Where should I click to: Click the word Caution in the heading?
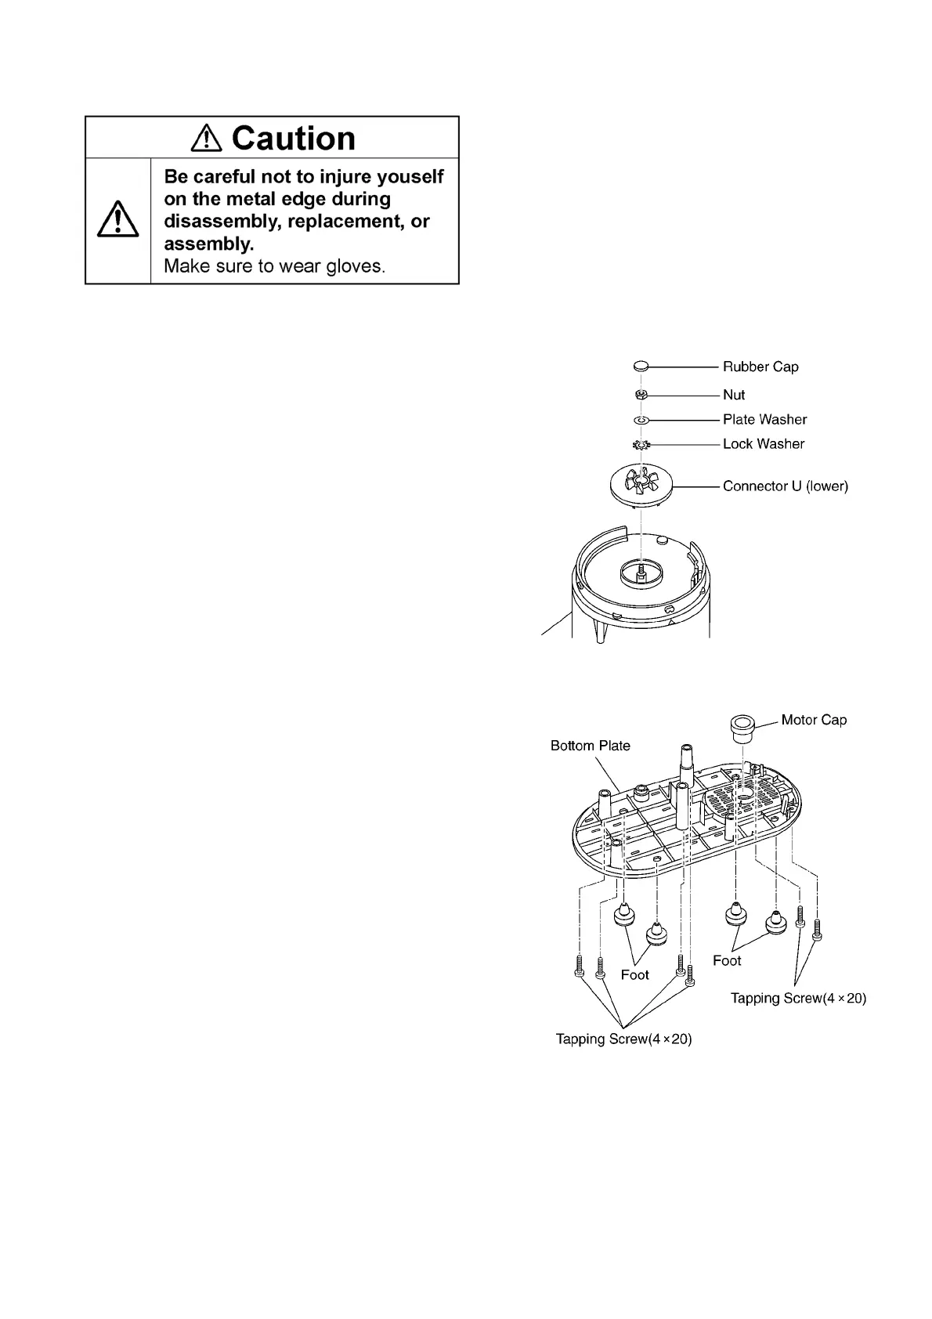[294, 139]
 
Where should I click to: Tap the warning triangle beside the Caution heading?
[208, 139]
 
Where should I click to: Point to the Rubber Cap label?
[760, 367]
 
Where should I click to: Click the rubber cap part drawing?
[641, 366]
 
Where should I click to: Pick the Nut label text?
[734, 395]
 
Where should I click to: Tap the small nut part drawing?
[641, 394]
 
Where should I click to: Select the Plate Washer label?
[764, 420]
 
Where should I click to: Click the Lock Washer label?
[764, 444]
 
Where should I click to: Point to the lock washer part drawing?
[641, 445]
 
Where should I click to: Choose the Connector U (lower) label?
[785, 486]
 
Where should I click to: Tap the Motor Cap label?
[814, 720]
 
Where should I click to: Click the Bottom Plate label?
[590, 746]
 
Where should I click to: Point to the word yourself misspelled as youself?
[411, 177]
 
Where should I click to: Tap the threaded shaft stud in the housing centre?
[641, 569]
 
